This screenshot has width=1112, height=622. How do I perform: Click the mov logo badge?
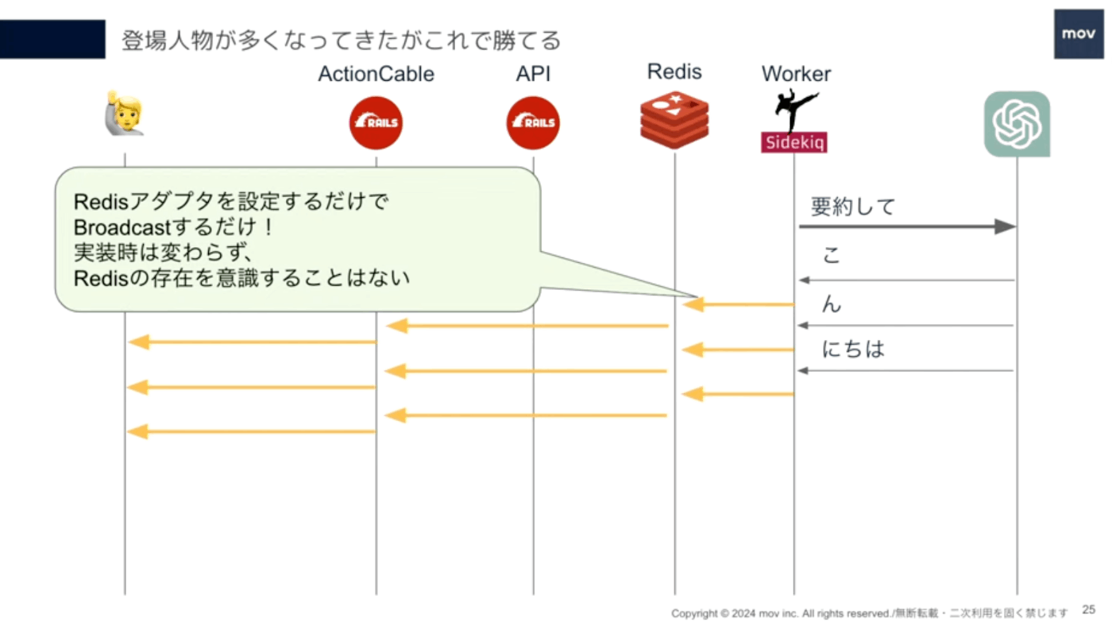click(1079, 33)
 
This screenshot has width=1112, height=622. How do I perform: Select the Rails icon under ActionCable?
click(376, 122)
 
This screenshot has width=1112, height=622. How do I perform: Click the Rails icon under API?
click(533, 122)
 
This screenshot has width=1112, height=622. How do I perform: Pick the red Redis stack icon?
click(674, 120)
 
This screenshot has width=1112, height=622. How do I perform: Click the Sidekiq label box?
click(793, 142)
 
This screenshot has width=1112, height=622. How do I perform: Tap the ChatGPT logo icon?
click(1017, 124)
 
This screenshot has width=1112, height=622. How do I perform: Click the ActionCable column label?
click(376, 74)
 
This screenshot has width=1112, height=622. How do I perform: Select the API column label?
click(533, 74)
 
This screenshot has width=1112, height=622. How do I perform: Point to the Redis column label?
click(674, 72)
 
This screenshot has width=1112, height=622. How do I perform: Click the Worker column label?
click(796, 74)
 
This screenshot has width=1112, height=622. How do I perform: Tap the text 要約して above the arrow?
click(853, 207)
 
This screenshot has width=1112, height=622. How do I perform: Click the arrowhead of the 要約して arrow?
click(1006, 226)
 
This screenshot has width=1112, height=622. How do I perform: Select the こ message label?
click(832, 255)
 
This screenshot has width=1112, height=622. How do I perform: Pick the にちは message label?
click(853, 349)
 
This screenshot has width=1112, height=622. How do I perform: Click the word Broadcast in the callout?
click(122, 227)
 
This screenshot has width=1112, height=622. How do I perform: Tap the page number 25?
click(1089, 609)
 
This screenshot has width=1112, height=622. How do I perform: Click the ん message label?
click(832, 303)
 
